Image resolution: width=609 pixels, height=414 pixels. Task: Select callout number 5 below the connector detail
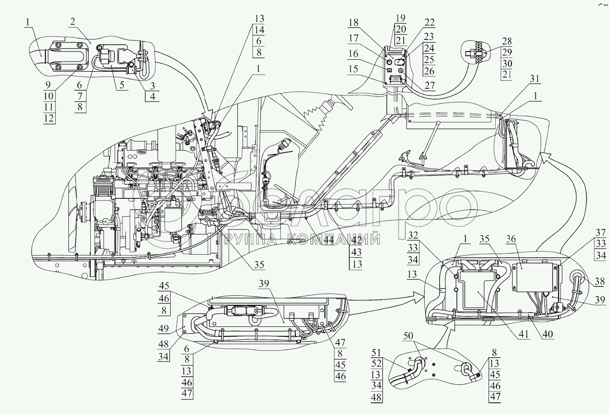click(122, 85)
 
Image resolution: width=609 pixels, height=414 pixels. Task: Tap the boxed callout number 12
click(49, 119)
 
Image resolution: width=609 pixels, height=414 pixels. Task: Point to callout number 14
click(259, 30)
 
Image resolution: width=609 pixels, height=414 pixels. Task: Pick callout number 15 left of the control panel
click(353, 69)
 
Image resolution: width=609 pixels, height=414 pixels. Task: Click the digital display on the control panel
click(395, 79)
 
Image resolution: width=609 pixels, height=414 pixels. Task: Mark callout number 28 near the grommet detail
click(507, 41)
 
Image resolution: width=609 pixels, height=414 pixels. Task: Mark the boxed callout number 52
click(376, 363)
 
